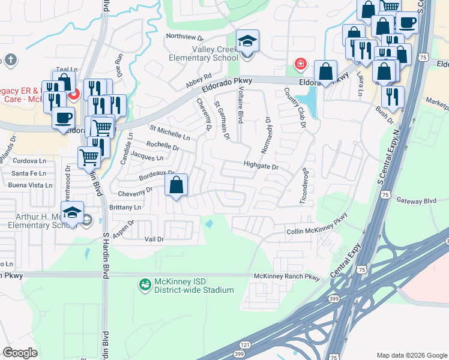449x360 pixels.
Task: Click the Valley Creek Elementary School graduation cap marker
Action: [247, 42]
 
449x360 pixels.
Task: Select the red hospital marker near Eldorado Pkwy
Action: [300, 64]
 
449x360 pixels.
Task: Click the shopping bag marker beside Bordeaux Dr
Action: [176, 186]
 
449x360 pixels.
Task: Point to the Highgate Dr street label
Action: [261, 166]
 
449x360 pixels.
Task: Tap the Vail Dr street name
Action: [154, 239]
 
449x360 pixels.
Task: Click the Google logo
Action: [20, 353]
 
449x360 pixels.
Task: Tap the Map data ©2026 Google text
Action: [411, 355]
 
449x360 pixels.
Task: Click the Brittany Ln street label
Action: [125, 207]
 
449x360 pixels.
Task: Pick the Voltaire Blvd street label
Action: [240, 104]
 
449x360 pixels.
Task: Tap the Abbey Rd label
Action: [199, 81]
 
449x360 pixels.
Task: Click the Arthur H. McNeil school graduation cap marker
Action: [73, 214]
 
